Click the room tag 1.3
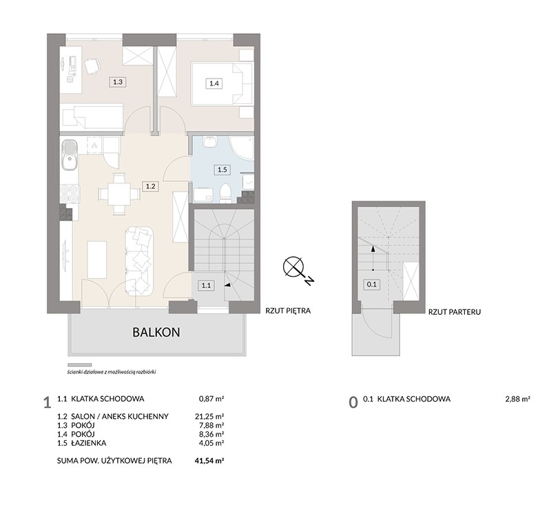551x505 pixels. click(x=118, y=82)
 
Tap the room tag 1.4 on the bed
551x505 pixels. click(x=214, y=83)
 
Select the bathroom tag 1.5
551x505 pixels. click(x=222, y=169)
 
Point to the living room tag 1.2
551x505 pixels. click(x=150, y=186)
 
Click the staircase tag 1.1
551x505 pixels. click(x=206, y=285)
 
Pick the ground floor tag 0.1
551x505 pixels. click(x=371, y=285)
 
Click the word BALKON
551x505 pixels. click(x=156, y=332)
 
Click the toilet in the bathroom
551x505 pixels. click(x=225, y=193)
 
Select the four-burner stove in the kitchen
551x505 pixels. click(x=70, y=194)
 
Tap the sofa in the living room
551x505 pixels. click(x=140, y=260)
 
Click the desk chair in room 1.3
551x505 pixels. click(x=92, y=66)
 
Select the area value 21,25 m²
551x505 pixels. click(x=210, y=416)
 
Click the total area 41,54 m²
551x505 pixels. click(x=210, y=461)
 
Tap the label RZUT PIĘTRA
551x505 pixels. click(x=288, y=311)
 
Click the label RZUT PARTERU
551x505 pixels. click(x=455, y=311)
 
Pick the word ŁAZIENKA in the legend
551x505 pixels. click(x=89, y=443)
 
